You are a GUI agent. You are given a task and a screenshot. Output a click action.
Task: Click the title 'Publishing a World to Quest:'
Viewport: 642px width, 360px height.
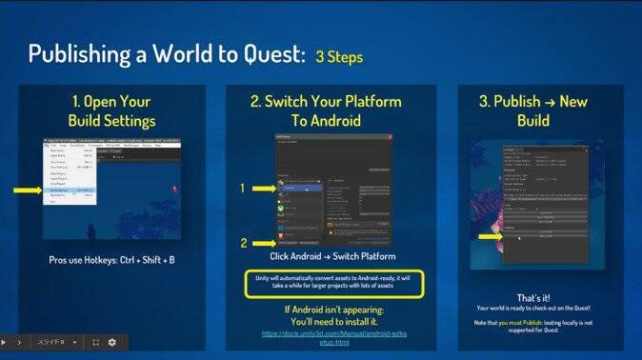[x=165, y=54]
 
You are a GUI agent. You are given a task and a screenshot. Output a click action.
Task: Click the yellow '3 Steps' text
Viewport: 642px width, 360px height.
[x=338, y=56]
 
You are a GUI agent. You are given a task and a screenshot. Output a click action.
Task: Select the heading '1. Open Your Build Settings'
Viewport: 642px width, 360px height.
[x=111, y=111]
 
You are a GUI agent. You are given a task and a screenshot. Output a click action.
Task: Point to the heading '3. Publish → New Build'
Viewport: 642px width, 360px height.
[x=534, y=111]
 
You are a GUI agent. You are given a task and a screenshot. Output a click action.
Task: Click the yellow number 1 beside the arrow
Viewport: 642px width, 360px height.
[x=243, y=189]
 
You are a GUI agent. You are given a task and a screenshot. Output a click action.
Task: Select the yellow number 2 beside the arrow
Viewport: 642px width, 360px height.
[x=243, y=242]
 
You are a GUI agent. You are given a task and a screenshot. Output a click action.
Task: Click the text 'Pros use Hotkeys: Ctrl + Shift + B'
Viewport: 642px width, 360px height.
[x=111, y=260]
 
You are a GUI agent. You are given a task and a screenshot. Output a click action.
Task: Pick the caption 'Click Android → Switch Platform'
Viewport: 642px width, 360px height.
[x=332, y=257]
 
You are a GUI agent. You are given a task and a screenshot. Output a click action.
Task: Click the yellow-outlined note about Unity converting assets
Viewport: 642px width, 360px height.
[x=332, y=284]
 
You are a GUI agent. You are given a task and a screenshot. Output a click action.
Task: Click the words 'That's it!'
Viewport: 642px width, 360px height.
[x=534, y=297]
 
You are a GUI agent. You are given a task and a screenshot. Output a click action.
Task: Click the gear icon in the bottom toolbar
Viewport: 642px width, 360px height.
[x=111, y=342]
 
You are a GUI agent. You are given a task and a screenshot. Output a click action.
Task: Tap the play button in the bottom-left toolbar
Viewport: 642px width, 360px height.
[x=5, y=342]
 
